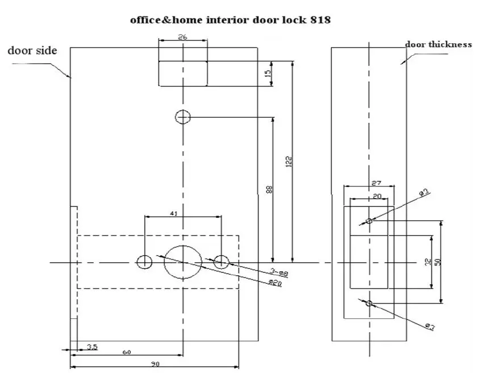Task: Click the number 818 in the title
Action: [318, 20]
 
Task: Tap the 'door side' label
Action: [32, 51]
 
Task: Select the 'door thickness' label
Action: [438, 44]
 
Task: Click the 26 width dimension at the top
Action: [182, 38]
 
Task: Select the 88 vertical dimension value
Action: [269, 189]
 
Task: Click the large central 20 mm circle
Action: [183, 262]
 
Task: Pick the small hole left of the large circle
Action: [144, 262]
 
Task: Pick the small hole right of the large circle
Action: [221, 262]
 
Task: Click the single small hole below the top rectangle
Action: [183, 117]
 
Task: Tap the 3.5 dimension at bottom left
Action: [92, 346]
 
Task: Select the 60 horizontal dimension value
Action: [127, 353]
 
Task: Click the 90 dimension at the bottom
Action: [155, 364]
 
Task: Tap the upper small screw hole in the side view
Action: [369, 221]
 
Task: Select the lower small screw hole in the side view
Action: [369, 304]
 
